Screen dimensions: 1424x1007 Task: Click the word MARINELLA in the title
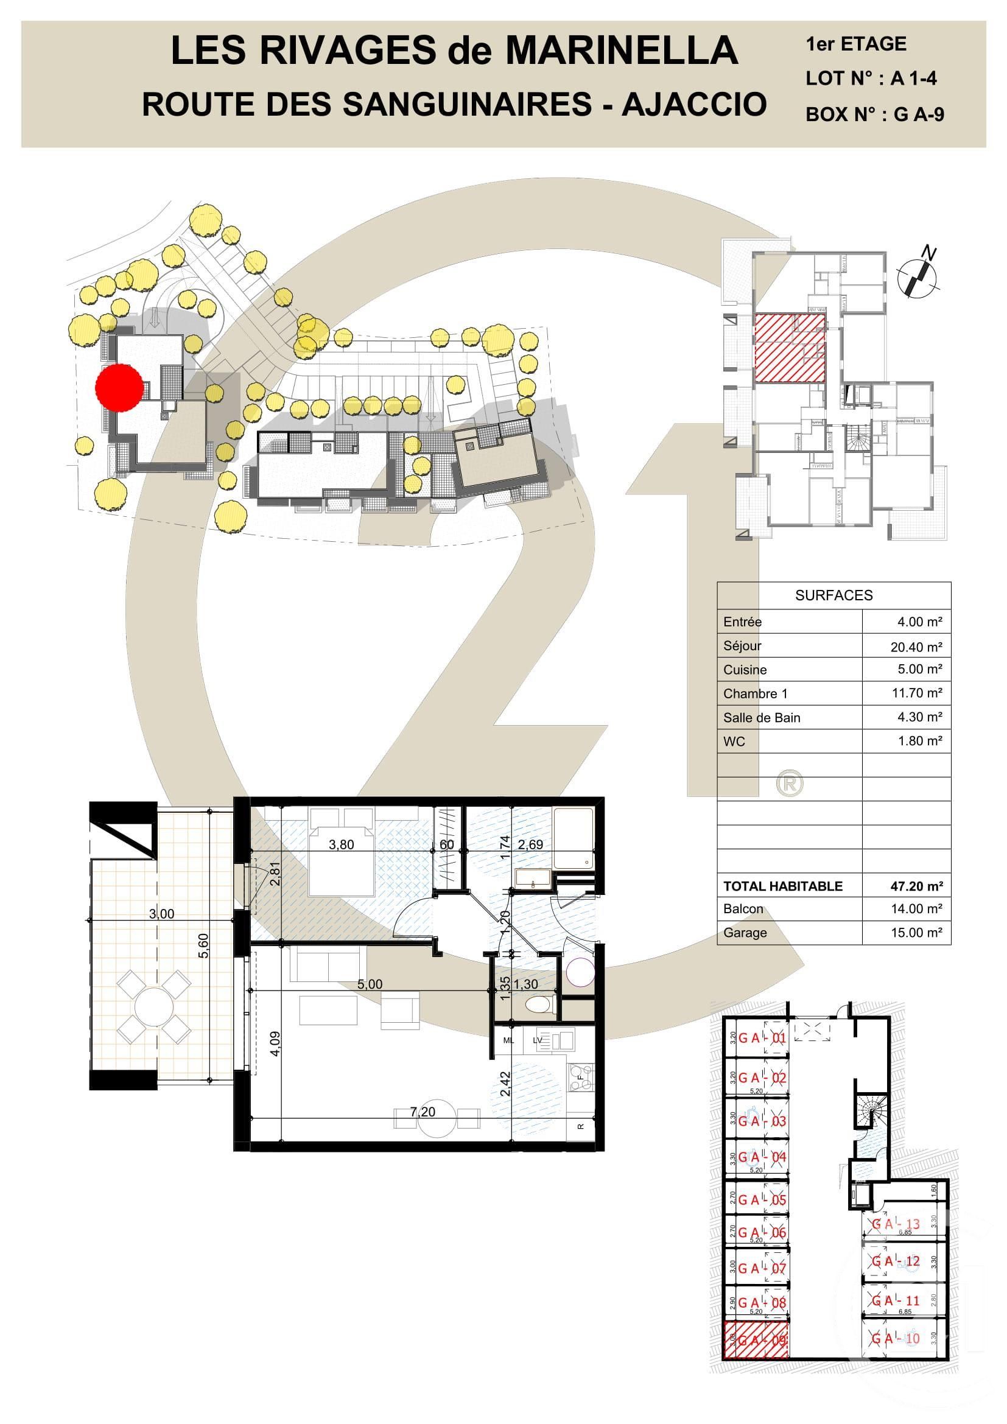click(622, 51)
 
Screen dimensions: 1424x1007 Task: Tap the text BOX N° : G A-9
click(874, 114)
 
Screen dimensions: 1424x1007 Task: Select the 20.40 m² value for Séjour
click(916, 647)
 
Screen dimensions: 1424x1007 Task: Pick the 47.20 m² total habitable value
click(916, 886)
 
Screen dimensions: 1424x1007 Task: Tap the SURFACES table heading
click(833, 595)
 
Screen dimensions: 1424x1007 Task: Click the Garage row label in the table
click(745, 933)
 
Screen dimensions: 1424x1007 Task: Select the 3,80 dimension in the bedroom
click(341, 845)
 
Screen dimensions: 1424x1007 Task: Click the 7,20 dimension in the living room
click(423, 1112)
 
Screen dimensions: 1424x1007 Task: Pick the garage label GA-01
click(762, 1038)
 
